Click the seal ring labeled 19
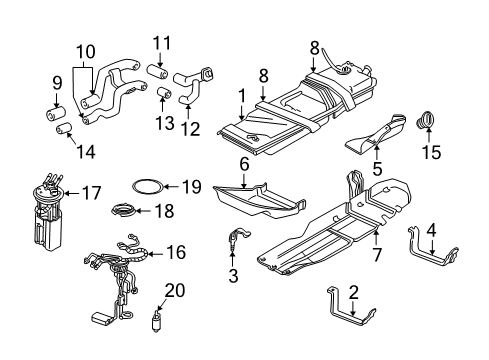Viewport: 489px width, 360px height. coord(146,186)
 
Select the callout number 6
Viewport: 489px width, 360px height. coord(243,163)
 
